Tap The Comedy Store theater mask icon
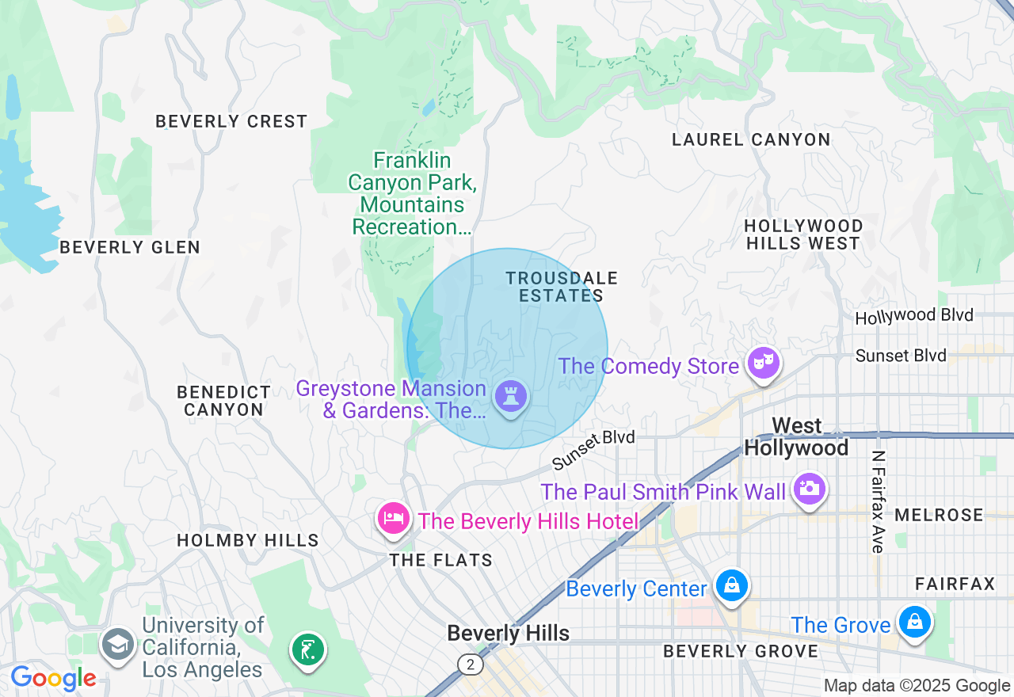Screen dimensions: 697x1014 pos(764,364)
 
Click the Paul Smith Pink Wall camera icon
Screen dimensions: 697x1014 pos(809,488)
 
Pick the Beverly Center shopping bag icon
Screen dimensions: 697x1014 pos(731,587)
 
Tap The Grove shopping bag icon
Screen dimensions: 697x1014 pos(914,623)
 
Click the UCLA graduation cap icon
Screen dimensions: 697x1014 pos(118,644)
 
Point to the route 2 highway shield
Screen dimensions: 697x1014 pos(471,665)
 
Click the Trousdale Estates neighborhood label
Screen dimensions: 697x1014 pos(562,287)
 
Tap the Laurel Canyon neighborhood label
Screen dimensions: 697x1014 pos(751,140)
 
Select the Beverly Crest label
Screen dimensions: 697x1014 pos(231,121)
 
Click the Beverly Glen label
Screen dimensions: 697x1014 pos(130,247)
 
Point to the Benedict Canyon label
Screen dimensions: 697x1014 pos(223,401)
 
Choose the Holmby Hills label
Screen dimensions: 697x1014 pos(248,540)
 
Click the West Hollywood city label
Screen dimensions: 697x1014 pos(796,436)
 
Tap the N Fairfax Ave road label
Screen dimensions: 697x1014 pos(878,502)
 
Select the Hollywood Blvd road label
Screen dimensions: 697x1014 pos(914,316)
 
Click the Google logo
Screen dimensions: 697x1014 pos(53,679)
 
